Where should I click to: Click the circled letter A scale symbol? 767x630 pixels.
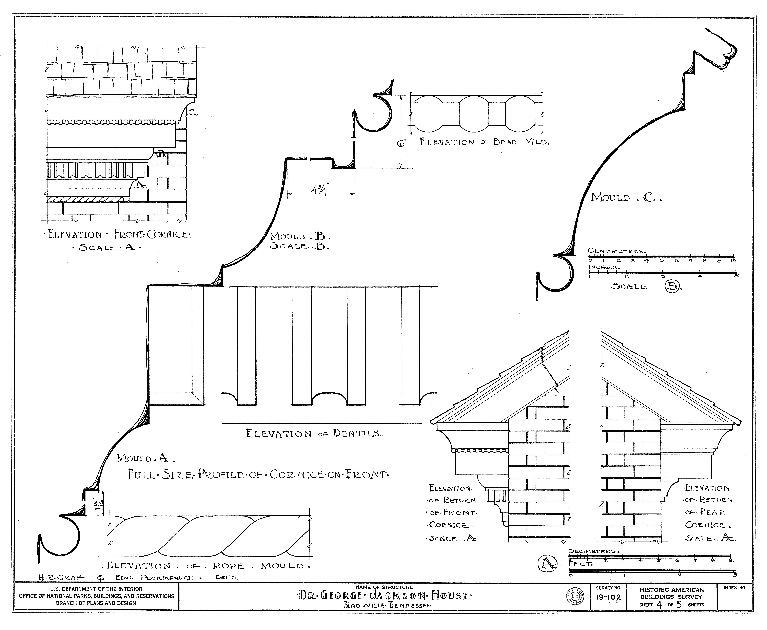547,564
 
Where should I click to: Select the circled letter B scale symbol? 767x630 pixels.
672,286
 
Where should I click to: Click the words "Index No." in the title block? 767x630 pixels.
735,588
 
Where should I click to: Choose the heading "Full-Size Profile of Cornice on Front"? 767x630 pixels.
258,474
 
